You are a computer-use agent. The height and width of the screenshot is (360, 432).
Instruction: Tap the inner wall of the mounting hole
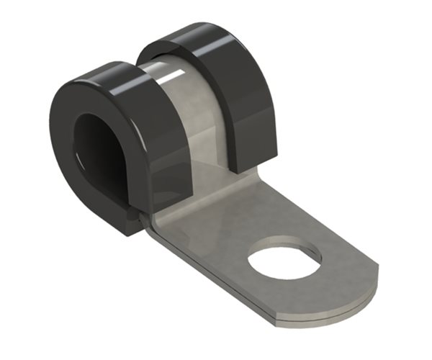point(288,248)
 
